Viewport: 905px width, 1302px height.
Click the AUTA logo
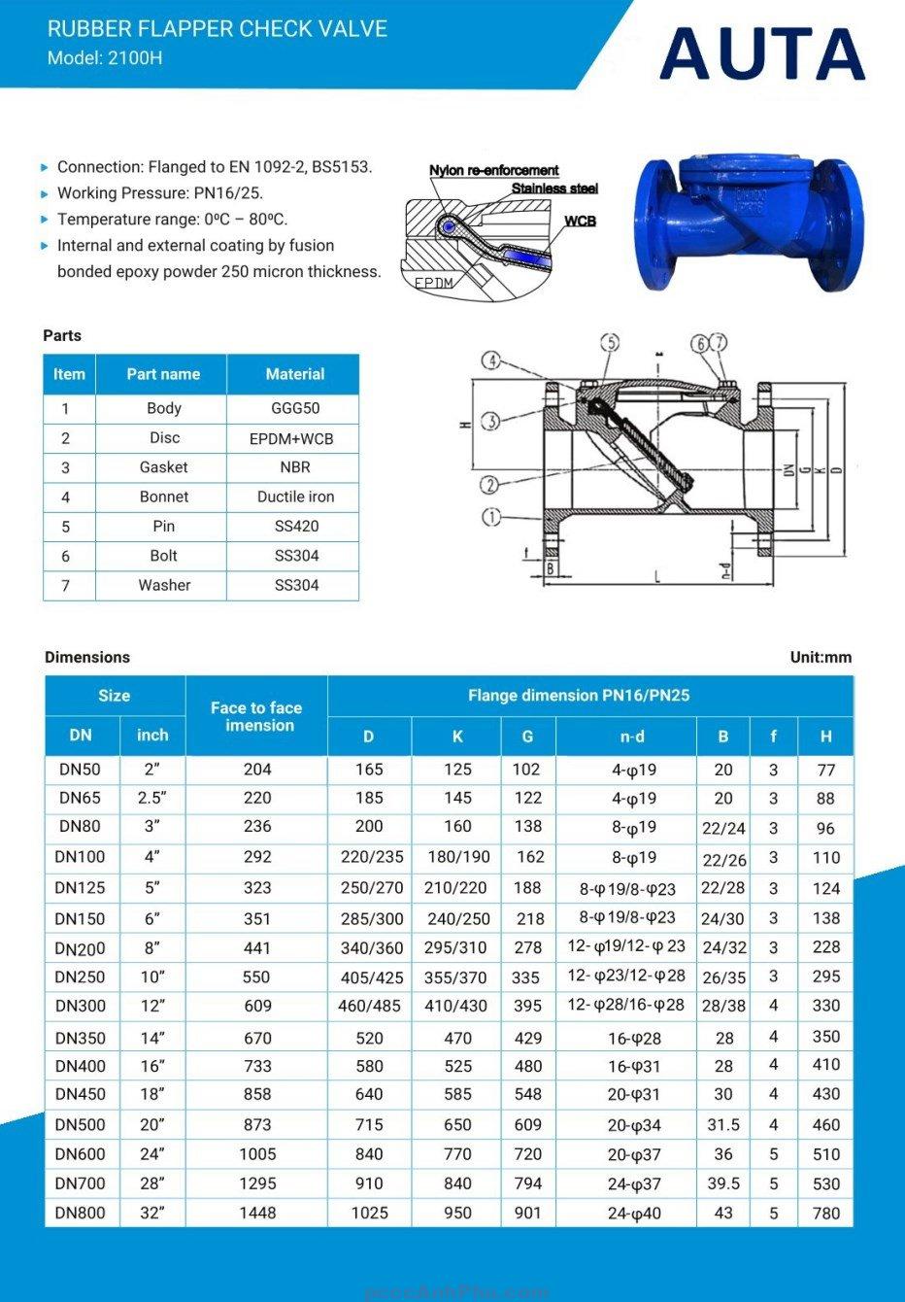click(762, 53)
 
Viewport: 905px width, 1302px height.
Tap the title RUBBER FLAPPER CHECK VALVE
click(218, 29)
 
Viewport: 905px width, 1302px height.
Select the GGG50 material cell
click(295, 408)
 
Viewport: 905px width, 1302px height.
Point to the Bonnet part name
click(163, 497)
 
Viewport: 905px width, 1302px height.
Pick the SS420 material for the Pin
click(296, 526)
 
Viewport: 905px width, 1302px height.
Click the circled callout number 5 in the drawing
click(610, 342)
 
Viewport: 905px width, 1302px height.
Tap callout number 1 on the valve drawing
click(492, 516)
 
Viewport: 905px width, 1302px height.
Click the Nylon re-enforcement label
click(494, 170)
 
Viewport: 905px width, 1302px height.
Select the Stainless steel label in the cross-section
click(554, 188)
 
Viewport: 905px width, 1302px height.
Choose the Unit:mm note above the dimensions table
click(821, 657)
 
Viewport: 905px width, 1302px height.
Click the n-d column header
click(632, 737)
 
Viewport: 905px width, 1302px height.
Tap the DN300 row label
click(81, 1006)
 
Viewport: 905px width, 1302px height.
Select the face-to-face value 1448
click(257, 1213)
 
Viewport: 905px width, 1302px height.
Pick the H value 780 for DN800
click(826, 1213)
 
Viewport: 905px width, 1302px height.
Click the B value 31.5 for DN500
click(723, 1124)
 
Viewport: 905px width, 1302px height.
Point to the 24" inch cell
click(152, 1153)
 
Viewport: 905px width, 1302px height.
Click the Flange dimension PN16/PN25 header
click(579, 696)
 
